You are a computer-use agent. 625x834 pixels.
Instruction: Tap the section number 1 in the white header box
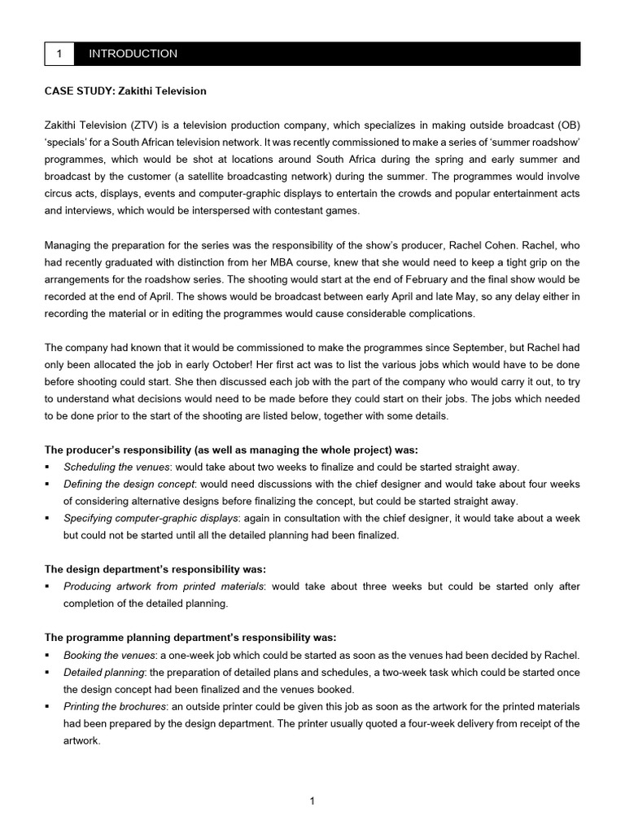(x=59, y=54)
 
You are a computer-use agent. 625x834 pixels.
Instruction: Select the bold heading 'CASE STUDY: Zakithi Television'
(x=125, y=90)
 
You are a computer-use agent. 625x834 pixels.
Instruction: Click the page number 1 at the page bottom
(x=312, y=801)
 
